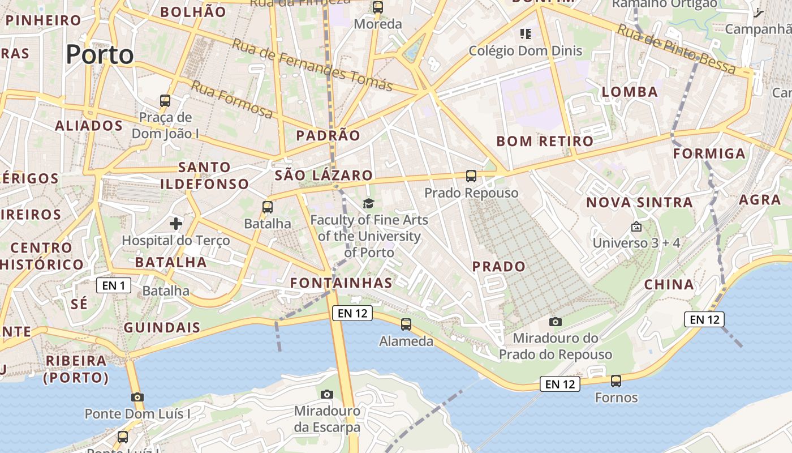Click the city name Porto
(x=100, y=55)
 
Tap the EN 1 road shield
(x=114, y=285)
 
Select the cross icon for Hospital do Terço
(x=176, y=224)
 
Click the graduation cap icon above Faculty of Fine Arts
(x=368, y=203)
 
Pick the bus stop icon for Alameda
(x=406, y=324)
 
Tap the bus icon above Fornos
(x=616, y=381)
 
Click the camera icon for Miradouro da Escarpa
(x=327, y=394)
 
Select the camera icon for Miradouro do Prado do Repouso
(x=556, y=322)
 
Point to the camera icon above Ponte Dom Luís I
(x=137, y=397)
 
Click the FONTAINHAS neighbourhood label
(x=341, y=283)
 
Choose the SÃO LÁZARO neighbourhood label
(x=324, y=176)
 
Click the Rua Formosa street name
(x=231, y=100)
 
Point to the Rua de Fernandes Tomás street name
(x=312, y=65)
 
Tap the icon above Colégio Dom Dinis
(x=526, y=34)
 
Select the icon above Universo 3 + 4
(x=636, y=226)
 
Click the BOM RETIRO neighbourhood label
(x=545, y=141)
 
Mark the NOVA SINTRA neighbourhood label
(x=639, y=203)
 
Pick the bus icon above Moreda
(x=378, y=7)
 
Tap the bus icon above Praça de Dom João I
(x=165, y=101)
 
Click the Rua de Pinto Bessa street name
(x=676, y=50)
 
